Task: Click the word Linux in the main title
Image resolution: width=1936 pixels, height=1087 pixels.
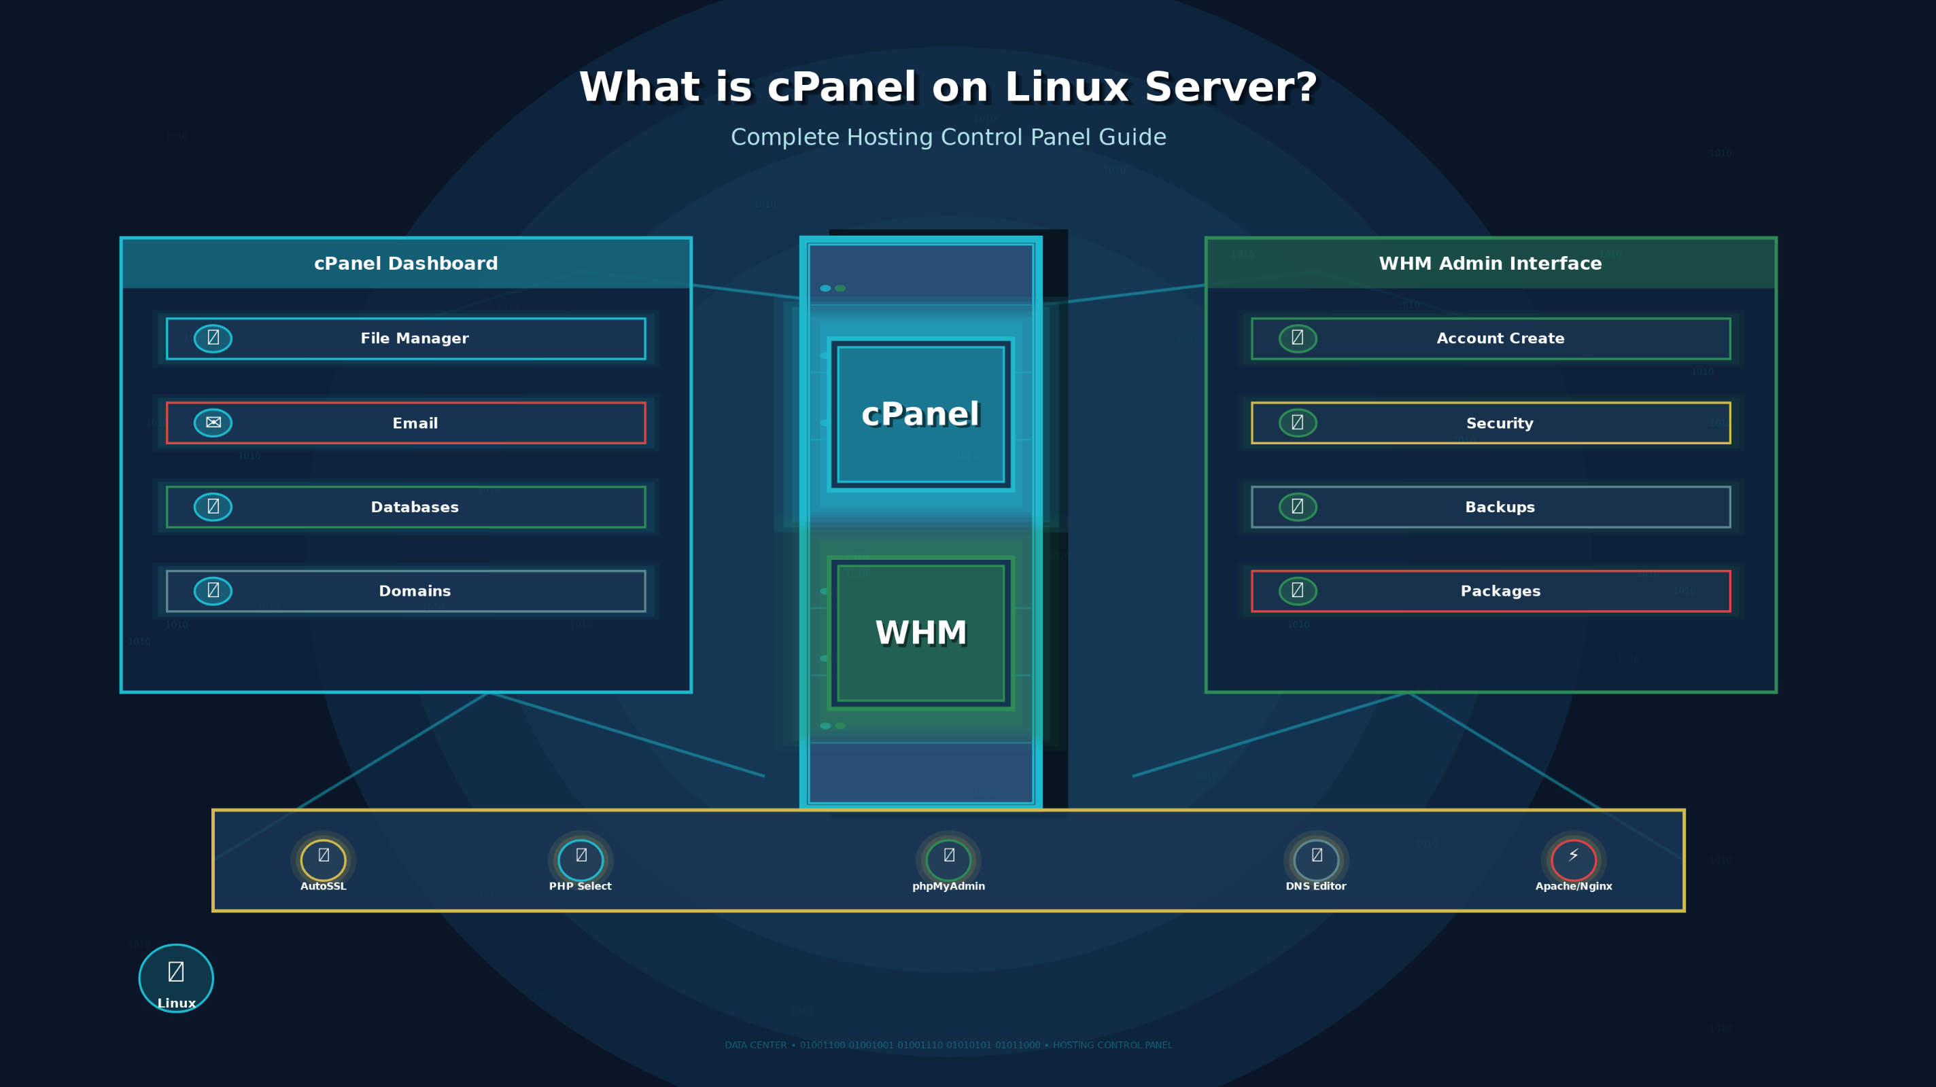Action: click(1066, 87)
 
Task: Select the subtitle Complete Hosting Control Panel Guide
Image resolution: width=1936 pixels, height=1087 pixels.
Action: click(948, 137)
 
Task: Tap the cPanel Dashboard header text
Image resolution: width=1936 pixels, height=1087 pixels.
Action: click(406, 263)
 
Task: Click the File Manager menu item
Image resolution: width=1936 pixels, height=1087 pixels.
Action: click(414, 338)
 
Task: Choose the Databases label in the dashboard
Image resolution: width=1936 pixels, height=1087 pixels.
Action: click(414, 507)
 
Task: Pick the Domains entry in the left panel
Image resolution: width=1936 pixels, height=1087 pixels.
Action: click(414, 591)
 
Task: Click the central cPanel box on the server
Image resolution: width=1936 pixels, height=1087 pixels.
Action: click(920, 414)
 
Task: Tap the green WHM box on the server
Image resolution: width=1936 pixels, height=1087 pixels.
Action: click(920, 632)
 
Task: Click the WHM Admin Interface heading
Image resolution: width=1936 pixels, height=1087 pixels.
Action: click(1489, 263)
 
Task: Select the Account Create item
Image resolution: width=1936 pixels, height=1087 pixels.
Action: click(1500, 338)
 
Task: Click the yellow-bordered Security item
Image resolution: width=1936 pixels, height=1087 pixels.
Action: click(1500, 423)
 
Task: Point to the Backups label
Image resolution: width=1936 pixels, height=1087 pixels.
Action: click(1500, 507)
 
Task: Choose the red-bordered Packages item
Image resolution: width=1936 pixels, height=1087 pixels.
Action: click(1500, 591)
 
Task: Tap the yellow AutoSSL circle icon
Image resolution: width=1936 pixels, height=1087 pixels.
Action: click(323, 859)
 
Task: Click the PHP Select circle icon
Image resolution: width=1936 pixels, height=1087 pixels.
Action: click(581, 859)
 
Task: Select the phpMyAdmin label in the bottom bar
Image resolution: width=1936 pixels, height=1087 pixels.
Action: click(948, 887)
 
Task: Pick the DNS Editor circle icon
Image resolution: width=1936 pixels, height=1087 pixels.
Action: click(1316, 859)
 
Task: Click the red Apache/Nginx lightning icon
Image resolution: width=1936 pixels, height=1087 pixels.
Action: click(1573, 859)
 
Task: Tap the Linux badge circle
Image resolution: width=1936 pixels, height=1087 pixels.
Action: click(176, 978)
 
